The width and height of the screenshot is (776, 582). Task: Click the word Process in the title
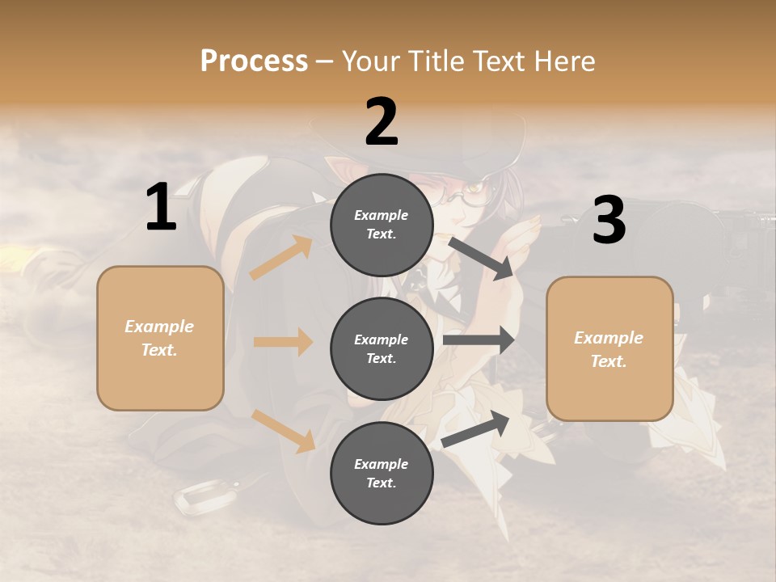point(254,61)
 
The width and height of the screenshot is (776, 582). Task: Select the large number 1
point(161,208)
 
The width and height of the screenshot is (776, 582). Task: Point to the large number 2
point(382,122)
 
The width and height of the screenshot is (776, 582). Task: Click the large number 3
point(609,221)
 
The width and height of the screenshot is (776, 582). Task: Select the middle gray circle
point(382,348)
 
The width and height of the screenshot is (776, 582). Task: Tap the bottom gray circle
point(382,473)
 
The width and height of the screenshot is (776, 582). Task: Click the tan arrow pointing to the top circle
point(280,258)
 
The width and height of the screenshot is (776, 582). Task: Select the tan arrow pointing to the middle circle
point(283,342)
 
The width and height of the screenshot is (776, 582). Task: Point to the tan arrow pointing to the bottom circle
point(284,431)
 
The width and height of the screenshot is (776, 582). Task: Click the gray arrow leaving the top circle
point(482,259)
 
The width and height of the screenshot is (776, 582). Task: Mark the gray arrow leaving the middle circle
point(479,340)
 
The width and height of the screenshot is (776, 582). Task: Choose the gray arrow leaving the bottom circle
point(476,430)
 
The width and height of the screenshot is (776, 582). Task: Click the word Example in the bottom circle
point(381,464)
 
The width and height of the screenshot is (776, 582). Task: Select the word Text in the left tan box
point(158,350)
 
